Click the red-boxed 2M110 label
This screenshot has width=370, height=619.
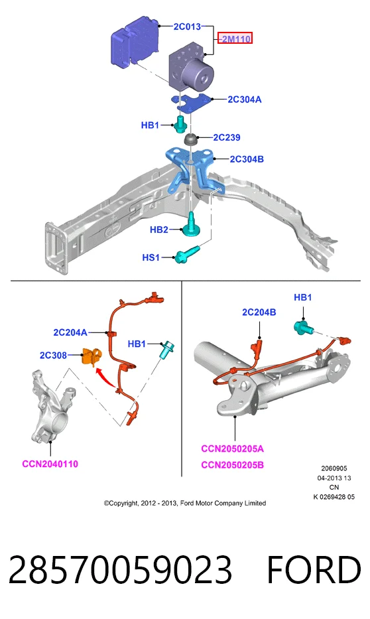(x=235, y=38)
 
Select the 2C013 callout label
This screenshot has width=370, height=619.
(x=187, y=27)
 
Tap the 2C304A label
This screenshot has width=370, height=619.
(x=245, y=100)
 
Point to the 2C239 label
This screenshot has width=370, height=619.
(x=227, y=137)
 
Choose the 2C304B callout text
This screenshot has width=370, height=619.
(x=247, y=159)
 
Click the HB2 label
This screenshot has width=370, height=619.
(x=159, y=230)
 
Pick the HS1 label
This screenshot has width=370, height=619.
(x=151, y=257)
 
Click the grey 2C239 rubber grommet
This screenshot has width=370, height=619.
(x=192, y=139)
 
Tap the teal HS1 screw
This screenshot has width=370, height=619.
(x=188, y=255)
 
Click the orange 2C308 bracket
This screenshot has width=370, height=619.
(x=92, y=356)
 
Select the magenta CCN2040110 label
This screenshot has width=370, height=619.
(x=50, y=464)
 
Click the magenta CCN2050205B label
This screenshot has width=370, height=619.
(x=232, y=465)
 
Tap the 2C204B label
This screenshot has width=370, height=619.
(x=259, y=312)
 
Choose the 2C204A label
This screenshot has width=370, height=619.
(x=70, y=332)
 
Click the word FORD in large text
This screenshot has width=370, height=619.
(x=314, y=570)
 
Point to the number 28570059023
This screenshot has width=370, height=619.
(x=120, y=570)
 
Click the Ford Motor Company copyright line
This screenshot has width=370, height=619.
(x=185, y=503)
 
